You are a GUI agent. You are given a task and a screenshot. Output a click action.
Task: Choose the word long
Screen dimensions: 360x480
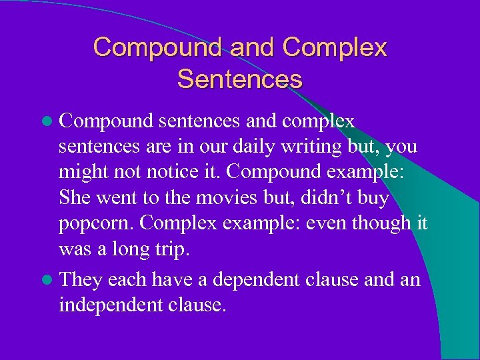pyautogui.click(x=137, y=250)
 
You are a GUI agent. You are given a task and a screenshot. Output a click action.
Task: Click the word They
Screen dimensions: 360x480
pyautogui.click(x=80, y=280)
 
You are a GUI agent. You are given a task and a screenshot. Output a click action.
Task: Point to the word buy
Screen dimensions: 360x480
pyautogui.click(x=375, y=199)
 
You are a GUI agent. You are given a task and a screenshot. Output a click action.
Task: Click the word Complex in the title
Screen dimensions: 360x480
pyautogui.click(x=334, y=47)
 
